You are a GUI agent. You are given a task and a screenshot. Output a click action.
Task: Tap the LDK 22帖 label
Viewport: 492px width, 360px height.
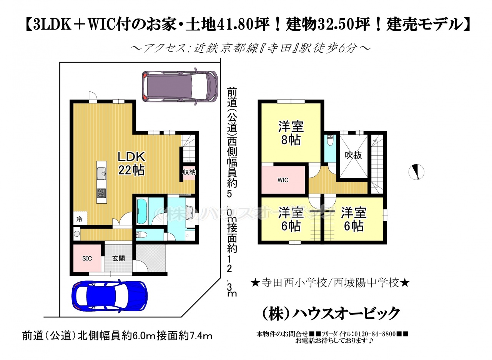(131, 163)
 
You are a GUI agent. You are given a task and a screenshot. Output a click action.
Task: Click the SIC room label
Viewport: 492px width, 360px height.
(87, 259)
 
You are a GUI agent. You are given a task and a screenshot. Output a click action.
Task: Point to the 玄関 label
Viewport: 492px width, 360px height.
(118, 258)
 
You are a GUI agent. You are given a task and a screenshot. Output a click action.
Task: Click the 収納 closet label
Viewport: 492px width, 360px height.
(189, 172)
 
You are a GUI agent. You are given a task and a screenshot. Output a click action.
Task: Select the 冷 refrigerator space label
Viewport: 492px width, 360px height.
(79, 219)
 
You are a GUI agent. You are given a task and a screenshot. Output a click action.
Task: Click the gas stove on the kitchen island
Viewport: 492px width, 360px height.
(101, 193)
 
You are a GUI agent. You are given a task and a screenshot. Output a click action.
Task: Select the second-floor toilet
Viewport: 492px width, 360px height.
(330, 140)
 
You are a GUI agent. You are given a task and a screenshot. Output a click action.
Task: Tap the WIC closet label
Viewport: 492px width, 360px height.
(283, 180)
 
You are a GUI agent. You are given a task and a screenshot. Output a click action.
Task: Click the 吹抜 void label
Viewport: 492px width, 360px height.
(353, 155)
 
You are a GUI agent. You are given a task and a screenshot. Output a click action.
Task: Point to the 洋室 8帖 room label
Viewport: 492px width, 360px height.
(291, 133)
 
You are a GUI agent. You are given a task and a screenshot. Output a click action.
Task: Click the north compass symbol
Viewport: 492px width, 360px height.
(416, 172)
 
